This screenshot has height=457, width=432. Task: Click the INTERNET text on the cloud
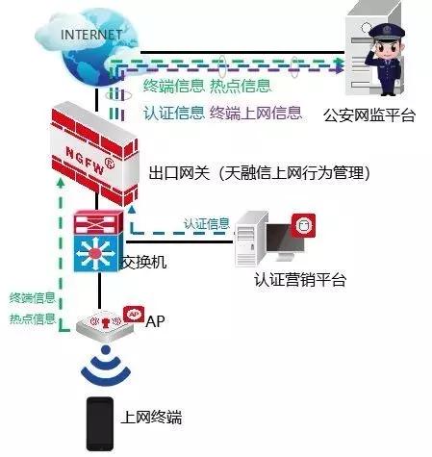91,35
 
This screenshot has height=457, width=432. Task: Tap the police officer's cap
387,32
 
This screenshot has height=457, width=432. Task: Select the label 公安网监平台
369,115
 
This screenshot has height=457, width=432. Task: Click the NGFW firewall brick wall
95,154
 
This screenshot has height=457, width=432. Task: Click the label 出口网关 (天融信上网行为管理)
260,173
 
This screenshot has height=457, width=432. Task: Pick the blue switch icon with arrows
97,252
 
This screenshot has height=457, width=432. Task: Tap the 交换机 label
143,262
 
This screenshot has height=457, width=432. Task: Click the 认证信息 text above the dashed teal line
207,223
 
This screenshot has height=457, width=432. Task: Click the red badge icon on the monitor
303,226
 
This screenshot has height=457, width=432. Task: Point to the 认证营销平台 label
300,280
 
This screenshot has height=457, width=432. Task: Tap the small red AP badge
134,314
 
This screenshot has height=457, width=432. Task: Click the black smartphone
100,424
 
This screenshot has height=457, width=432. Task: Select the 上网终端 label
151,418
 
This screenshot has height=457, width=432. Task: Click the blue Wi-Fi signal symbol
106,366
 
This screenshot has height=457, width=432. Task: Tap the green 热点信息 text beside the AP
33,318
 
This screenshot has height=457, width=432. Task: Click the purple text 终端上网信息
256,113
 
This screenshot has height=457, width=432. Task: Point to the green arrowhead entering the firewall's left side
60,182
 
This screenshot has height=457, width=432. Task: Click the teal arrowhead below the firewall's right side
132,210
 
